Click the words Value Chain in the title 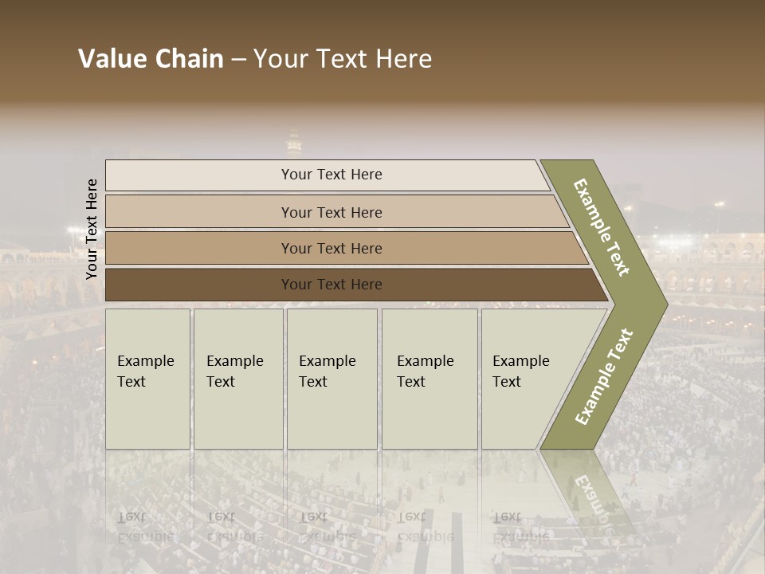pos(151,59)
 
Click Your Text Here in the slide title pos(343,59)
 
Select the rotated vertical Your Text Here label pos(92,229)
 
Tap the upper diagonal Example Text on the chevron pos(602,227)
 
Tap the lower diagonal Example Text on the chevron pos(604,376)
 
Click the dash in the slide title pos(238,60)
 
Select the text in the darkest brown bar pos(331,285)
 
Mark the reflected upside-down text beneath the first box pos(145,527)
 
